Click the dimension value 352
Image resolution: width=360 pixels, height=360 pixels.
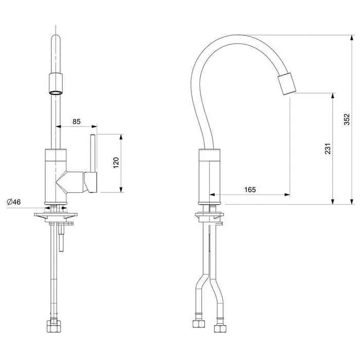tap(347, 119)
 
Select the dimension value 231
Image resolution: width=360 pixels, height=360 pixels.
tap(328, 149)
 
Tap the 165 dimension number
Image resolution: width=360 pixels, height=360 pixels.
tap(250, 190)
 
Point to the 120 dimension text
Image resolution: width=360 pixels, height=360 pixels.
tap(116, 163)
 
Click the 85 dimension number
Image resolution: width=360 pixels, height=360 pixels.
tap(77, 121)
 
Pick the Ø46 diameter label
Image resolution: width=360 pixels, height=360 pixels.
tap(14, 202)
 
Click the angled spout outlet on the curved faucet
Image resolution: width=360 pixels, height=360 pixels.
tap(287, 84)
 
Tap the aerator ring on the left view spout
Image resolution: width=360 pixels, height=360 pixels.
tap(56, 93)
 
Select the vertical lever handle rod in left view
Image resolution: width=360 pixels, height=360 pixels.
tap(93, 153)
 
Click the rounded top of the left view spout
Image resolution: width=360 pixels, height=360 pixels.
tap(56, 38)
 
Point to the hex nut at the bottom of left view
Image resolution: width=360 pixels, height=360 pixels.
tap(53, 327)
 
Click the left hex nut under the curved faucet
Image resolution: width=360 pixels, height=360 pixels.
tap(199, 323)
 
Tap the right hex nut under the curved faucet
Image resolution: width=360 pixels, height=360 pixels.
tap(220, 328)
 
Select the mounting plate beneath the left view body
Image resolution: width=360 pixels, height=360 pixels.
tap(56, 215)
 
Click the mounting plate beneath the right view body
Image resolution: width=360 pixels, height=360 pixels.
tap(209, 215)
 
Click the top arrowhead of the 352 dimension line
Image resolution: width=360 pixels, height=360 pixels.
tap(351, 38)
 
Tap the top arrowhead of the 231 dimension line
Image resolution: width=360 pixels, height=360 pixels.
tap(333, 96)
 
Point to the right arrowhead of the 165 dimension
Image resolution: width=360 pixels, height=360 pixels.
tap(287, 195)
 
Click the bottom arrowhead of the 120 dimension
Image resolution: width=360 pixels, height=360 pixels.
tap(121, 189)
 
